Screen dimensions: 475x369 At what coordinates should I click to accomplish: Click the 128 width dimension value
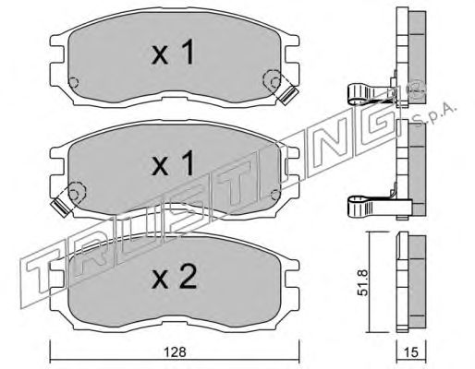click(175, 351)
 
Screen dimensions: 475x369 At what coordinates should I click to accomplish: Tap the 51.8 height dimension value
click(363, 282)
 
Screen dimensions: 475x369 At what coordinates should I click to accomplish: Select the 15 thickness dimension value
click(411, 352)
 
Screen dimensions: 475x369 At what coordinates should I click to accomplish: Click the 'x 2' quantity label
click(174, 277)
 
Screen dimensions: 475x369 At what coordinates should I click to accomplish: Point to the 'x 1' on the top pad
click(173, 52)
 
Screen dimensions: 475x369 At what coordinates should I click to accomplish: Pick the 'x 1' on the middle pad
click(173, 163)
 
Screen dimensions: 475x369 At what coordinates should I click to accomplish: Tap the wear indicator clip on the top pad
click(288, 94)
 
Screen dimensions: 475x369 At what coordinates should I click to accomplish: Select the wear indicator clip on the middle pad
click(61, 208)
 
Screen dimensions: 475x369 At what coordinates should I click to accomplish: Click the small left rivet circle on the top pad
click(74, 82)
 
